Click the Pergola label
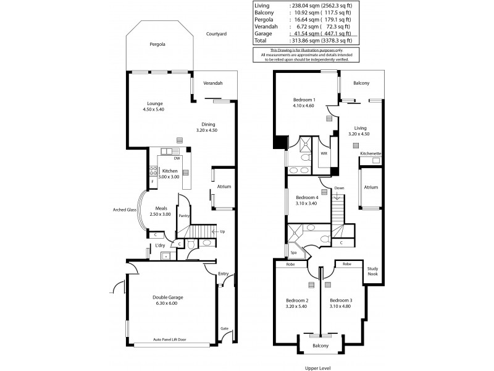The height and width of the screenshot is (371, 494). coord(156,45)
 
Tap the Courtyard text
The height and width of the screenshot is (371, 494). coord(217,34)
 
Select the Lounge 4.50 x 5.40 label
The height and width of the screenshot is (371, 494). coord(154,106)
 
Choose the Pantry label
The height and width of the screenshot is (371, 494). coord(183,216)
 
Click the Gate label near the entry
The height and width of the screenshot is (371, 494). coord(224,328)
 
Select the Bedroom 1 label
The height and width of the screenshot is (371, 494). coord(304,100)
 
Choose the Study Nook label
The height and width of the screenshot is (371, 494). coord(372,271)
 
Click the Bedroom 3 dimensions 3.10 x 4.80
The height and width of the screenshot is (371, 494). coord(340,306)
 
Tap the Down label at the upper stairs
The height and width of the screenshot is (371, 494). coord(339,188)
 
